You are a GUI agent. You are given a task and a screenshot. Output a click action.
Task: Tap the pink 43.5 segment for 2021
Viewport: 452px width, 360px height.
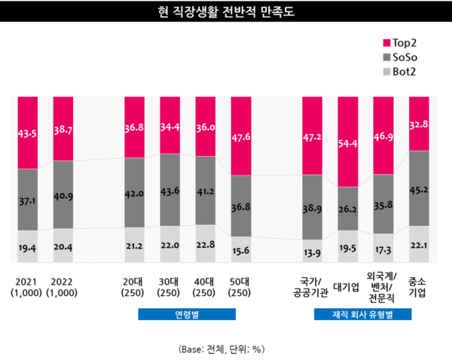pos(28,132)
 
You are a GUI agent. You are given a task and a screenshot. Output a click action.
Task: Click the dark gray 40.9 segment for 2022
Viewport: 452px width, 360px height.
pos(63,194)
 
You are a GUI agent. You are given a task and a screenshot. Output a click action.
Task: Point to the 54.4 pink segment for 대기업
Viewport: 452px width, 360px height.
pos(348,142)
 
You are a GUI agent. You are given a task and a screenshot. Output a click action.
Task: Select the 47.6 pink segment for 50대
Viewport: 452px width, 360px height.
pos(242,136)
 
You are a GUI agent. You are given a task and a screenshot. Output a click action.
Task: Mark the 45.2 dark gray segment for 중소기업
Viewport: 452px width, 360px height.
pos(418,188)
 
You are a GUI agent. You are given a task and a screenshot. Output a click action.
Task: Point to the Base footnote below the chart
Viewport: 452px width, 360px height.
pos(222,349)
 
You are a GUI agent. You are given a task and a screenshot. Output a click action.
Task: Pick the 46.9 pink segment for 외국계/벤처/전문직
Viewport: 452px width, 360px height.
pos(383,136)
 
